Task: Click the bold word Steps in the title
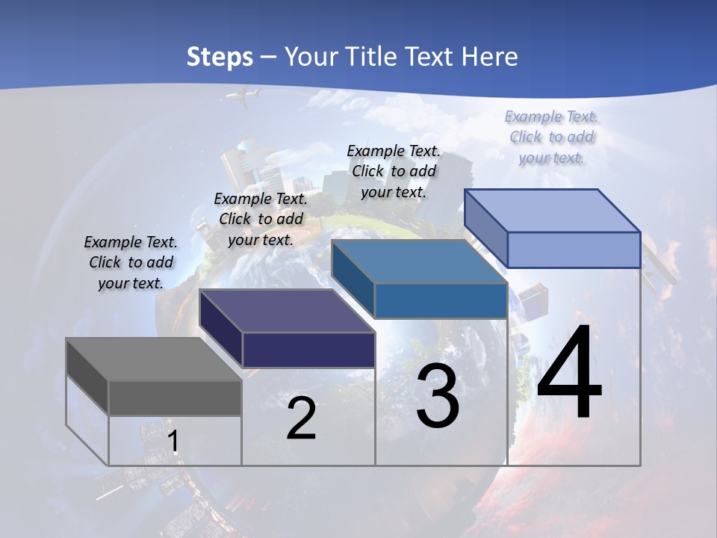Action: tap(220, 57)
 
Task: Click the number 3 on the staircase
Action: tap(438, 396)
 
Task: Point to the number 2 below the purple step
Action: tap(301, 419)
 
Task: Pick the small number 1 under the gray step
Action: tap(173, 442)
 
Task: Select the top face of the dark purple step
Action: tap(287, 311)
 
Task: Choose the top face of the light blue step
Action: tap(553, 211)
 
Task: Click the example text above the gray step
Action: tap(131, 262)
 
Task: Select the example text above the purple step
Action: tap(261, 219)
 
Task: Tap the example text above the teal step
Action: tap(394, 171)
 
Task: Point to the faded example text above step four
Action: tap(551, 137)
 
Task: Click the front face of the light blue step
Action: tap(574, 250)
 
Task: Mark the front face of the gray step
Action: tap(175, 398)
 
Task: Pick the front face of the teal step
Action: tap(441, 301)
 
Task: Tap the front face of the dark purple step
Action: tap(308, 350)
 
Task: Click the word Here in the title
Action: tap(491, 57)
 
